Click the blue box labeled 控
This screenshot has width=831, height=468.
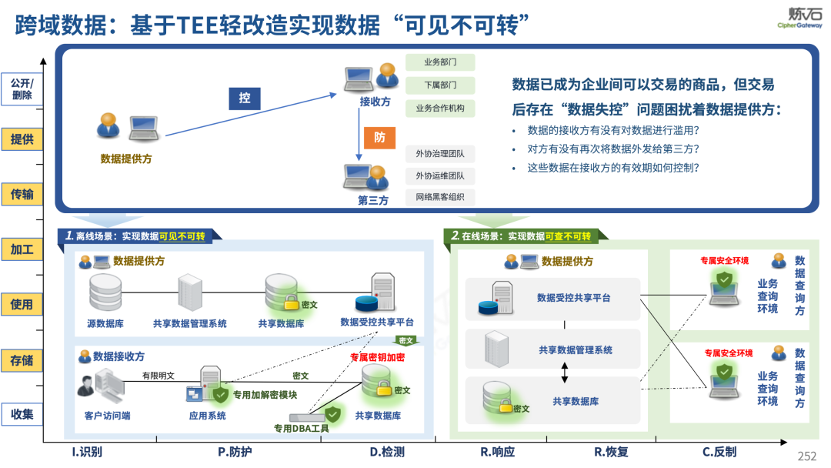(245, 99)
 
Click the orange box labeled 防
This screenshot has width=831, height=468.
(379, 138)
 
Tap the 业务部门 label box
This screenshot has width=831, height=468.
(441, 62)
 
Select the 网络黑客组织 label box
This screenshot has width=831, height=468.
(441, 198)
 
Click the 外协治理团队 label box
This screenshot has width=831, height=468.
(441, 153)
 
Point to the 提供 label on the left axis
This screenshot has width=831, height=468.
(22, 139)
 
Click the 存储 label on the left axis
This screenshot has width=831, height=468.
(22, 359)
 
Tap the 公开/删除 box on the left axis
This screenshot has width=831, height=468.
(22, 89)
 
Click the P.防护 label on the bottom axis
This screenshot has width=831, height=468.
(235, 452)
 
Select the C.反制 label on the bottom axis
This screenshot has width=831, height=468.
(719, 452)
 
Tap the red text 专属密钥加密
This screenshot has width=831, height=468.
(377, 358)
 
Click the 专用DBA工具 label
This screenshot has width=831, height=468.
(302, 428)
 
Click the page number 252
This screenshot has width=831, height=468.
(806, 456)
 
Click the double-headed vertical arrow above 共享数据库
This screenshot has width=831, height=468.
(565, 373)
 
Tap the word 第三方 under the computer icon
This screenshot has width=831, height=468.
(373, 201)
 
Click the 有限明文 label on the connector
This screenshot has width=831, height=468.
(158, 376)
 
